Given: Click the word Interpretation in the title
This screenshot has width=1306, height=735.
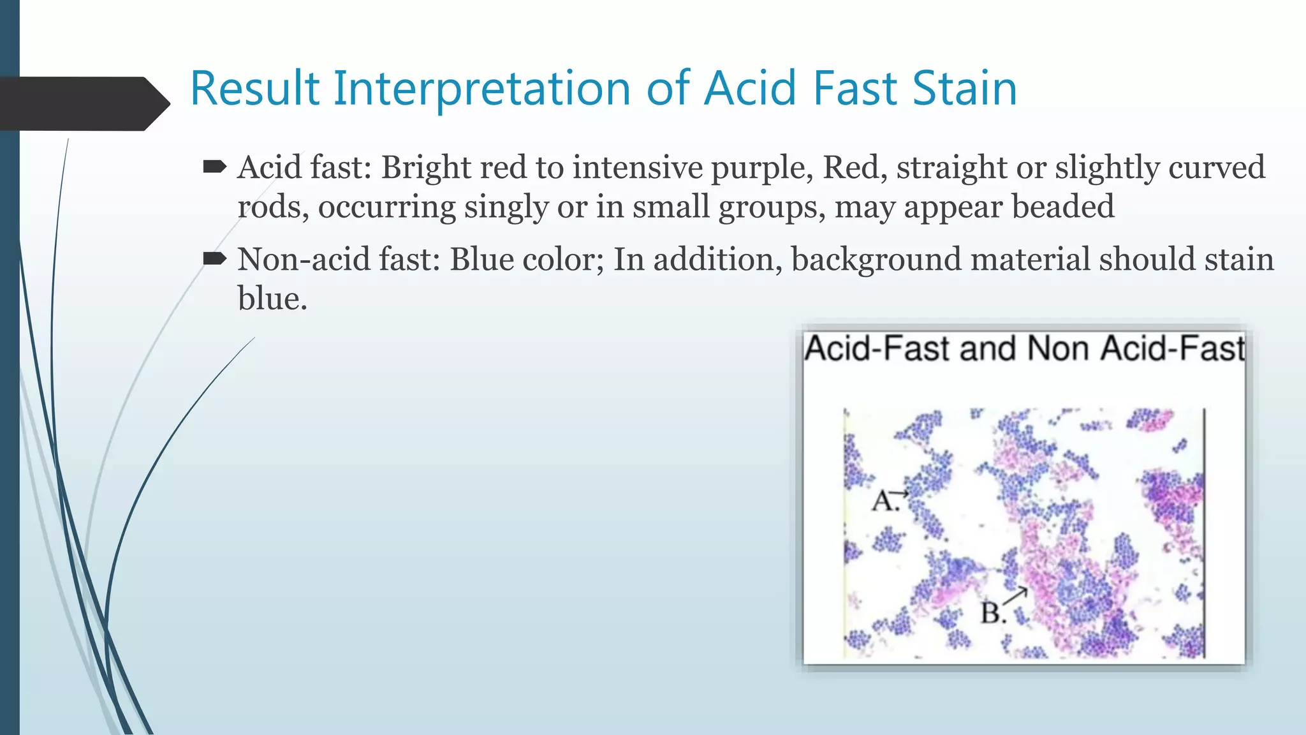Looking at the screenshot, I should click(482, 89).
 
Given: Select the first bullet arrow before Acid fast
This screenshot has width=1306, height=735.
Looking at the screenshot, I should click(214, 168).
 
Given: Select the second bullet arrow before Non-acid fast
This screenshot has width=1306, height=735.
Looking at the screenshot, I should click(214, 258).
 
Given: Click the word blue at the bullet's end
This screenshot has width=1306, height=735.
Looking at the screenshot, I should click(272, 299).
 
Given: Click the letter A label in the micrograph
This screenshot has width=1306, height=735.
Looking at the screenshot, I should click(883, 501).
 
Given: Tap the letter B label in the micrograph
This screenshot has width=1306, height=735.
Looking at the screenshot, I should click(992, 613).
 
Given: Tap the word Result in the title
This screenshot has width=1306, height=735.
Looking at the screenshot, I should click(254, 89).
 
